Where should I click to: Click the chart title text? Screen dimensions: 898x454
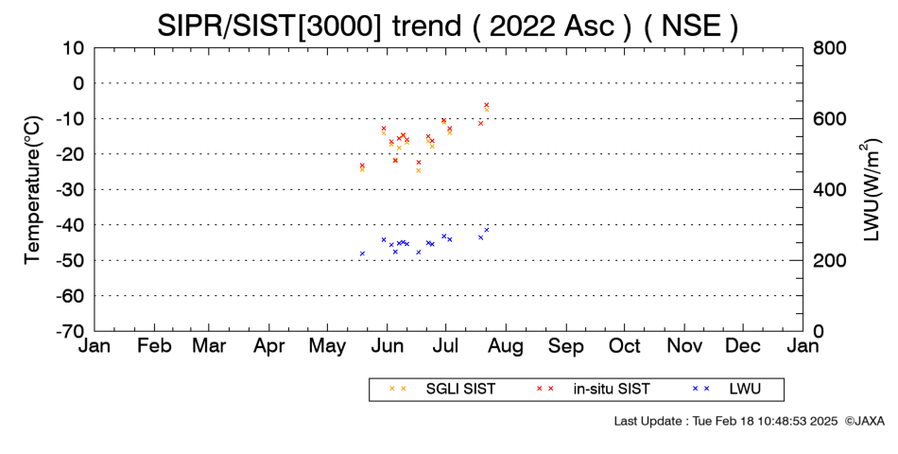(x=448, y=26)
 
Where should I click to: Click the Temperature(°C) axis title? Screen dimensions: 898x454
(x=33, y=190)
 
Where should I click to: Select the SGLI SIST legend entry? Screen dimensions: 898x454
(x=441, y=390)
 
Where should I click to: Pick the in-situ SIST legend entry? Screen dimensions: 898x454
(x=593, y=390)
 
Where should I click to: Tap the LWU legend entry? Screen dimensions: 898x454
(x=726, y=390)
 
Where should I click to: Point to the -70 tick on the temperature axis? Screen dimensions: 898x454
(x=70, y=331)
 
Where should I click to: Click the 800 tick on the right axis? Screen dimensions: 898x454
(x=830, y=48)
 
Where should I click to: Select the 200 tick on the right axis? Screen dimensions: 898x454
(x=830, y=260)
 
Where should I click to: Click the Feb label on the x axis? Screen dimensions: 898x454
(x=155, y=346)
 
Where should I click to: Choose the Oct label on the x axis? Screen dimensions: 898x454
(x=625, y=346)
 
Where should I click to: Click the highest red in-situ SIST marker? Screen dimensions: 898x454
(x=486, y=105)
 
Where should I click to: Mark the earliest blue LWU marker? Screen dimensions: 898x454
(x=362, y=253)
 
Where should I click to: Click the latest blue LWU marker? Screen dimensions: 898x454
(x=486, y=230)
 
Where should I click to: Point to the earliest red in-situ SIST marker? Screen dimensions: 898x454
(x=362, y=166)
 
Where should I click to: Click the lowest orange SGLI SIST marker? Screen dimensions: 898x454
(x=418, y=170)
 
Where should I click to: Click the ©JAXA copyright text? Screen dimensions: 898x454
(x=864, y=421)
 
